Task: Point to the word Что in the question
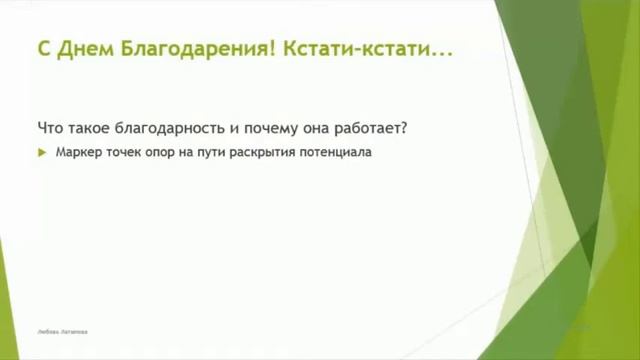pyautogui.click(x=49, y=128)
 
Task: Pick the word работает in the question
pyautogui.click(x=374, y=128)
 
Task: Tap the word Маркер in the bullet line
pyautogui.click(x=77, y=153)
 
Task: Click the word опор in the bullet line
pyautogui.click(x=164, y=153)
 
